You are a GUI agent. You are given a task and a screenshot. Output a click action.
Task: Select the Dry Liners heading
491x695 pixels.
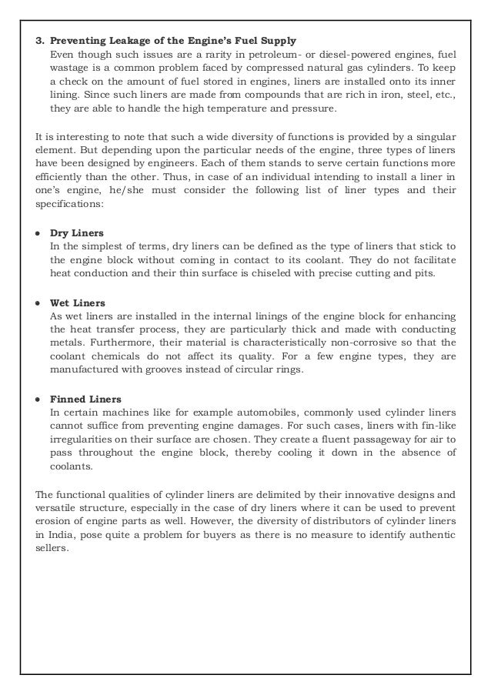click(76, 232)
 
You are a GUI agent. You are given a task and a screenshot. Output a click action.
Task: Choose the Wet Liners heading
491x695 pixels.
click(77, 302)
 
